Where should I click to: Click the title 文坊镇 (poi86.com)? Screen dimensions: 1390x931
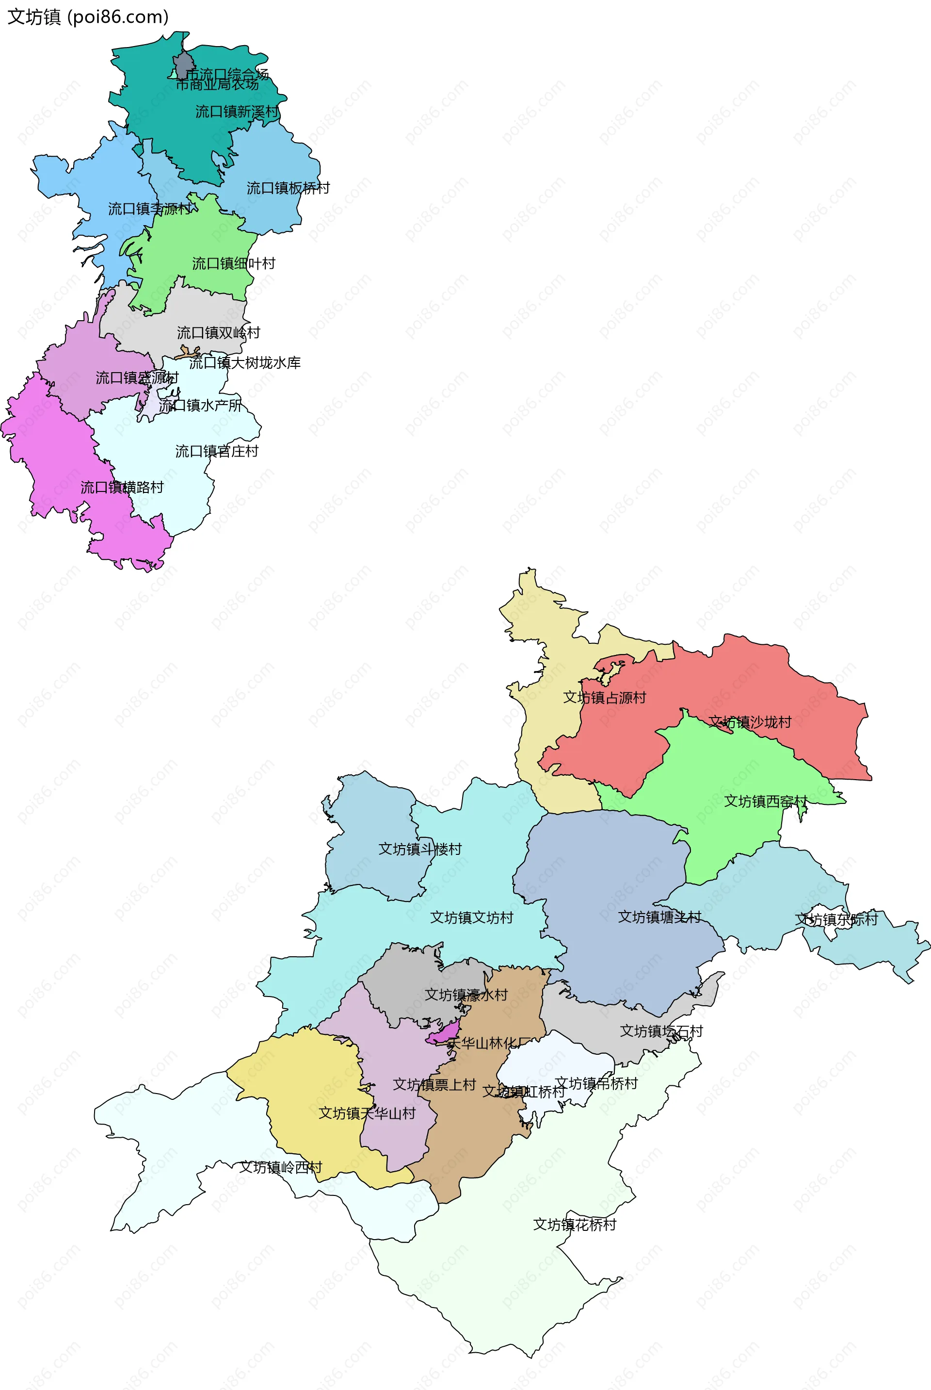pyautogui.click(x=88, y=16)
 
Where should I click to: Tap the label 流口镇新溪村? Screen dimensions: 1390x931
pyautogui.click(x=237, y=112)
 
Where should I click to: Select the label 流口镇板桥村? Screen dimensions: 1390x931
pyautogui.click(x=288, y=188)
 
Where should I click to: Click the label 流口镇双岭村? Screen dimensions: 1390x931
pyautogui.click(x=219, y=333)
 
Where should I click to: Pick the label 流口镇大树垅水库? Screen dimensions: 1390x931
pyautogui.click(x=244, y=363)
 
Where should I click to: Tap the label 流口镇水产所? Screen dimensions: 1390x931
pyautogui.click(x=200, y=405)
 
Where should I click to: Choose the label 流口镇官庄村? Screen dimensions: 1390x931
pyautogui.click(x=217, y=452)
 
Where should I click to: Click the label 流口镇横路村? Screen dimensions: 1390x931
pyautogui.click(x=122, y=488)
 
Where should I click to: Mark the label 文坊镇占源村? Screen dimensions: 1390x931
pyautogui.click(x=605, y=697)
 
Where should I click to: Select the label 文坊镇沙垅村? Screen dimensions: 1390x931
pyautogui.click(x=750, y=722)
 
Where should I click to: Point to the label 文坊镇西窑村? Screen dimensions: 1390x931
pyautogui.click(x=765, y=801)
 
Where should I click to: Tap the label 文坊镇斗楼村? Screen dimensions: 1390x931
pyautogui.click(x=420, y=849)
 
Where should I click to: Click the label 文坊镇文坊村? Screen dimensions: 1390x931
pyautogui.click(x=471, y=918)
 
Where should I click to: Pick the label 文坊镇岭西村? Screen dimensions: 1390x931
pyautogui.click(x=281, y=1167)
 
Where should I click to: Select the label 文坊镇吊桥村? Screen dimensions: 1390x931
pyautogui.click(x=596, y=1083)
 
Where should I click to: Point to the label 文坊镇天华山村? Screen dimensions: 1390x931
pyautogui.click(x=367, y=1113)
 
